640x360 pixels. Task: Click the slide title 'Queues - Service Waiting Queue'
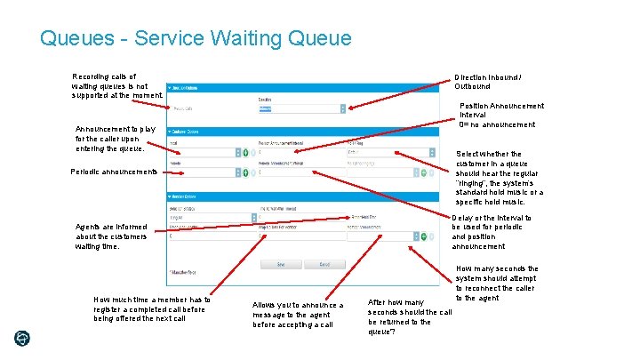(196, 39)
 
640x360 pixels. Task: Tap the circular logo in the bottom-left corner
(21, 339)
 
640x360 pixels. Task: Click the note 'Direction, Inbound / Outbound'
(488, 82)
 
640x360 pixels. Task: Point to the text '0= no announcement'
(497, 125)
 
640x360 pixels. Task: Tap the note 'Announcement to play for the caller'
(116, 139)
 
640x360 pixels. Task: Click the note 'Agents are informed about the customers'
(112, 236)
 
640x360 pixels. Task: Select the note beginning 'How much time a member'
(152, 308)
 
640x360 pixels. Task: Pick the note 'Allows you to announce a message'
(298, 315)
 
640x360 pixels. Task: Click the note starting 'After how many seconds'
(410, 317)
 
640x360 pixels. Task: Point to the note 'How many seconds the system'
(496, 283)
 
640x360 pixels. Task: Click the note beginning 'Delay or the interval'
(492, 232)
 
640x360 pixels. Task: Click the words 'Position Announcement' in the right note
(501, 106)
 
